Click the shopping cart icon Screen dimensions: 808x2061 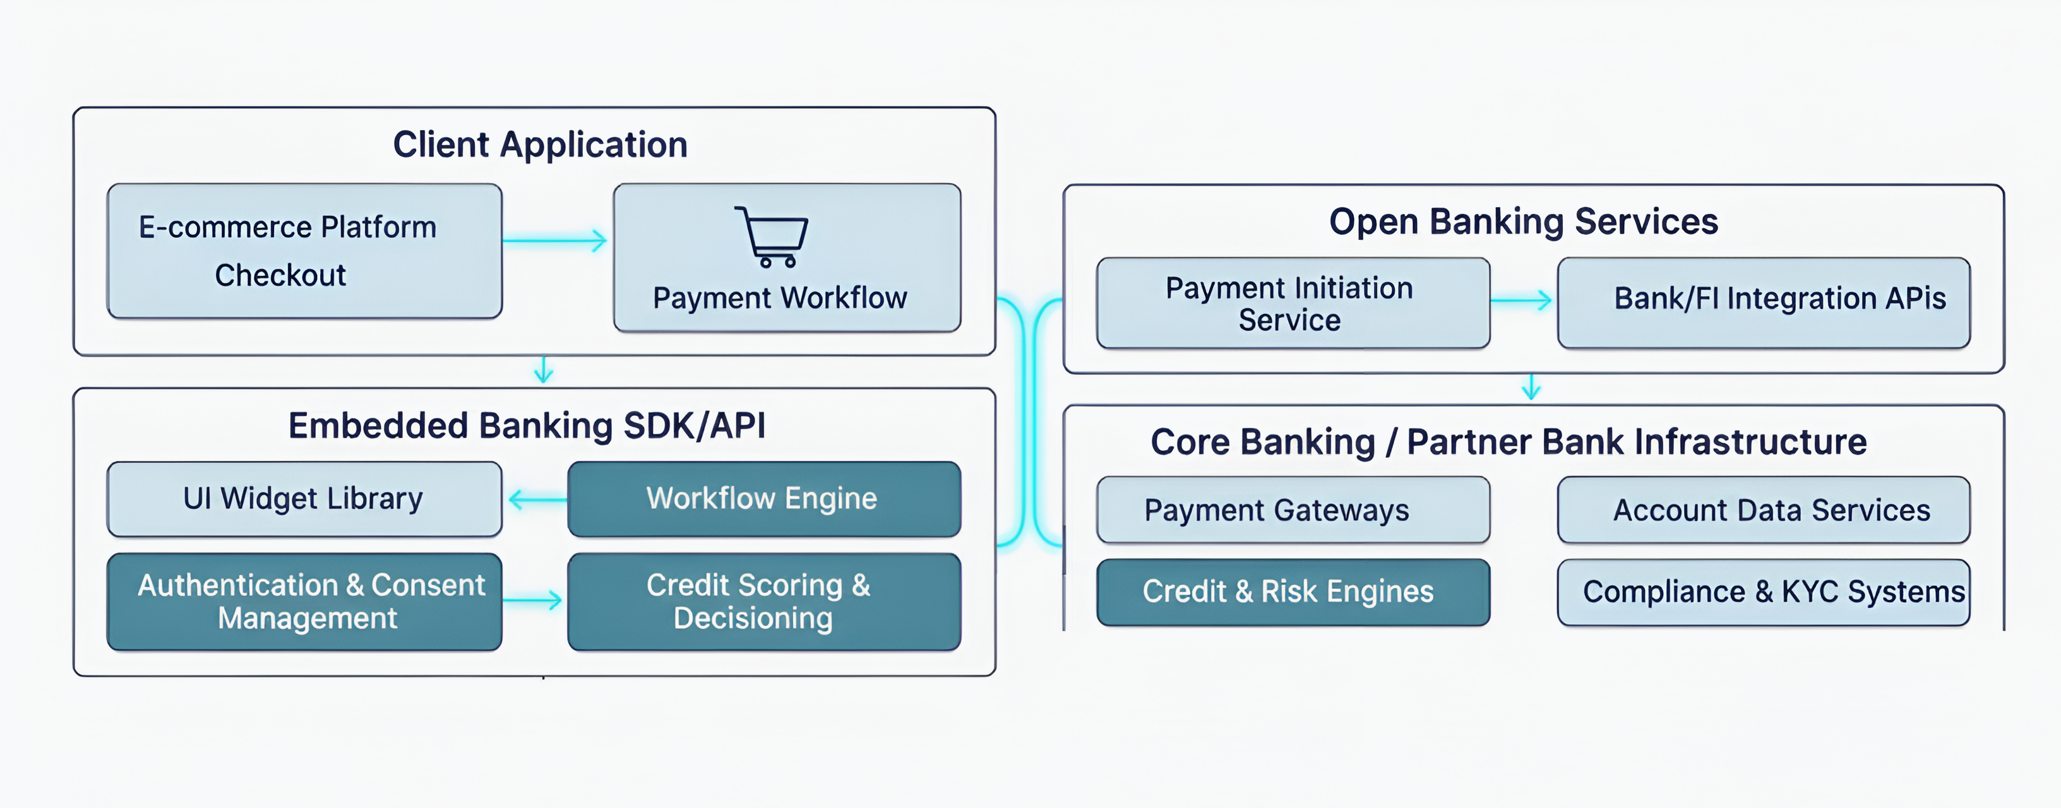coord(772,237)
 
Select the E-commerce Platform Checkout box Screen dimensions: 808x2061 coord(304,251)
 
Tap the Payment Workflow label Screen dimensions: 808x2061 coord(779,297)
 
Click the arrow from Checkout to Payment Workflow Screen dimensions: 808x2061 coord(555,240)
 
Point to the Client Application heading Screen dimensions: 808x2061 coord(540,145)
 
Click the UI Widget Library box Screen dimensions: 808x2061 coord(304,499)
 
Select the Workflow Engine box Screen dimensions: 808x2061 coord(763,499)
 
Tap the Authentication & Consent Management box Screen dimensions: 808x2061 coord(304,602)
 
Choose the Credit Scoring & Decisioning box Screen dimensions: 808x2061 coord(763,602)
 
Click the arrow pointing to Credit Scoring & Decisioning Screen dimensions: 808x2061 coord(533,600)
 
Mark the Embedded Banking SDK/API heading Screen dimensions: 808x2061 coord(527,425)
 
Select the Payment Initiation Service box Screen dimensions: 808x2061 coord(1292,303)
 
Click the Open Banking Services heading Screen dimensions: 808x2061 coord(1524,222)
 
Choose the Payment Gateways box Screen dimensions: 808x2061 coord(1292,509)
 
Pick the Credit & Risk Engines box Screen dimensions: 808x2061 coord(1292,592)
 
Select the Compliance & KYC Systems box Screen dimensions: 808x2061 coord(1764,592)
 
